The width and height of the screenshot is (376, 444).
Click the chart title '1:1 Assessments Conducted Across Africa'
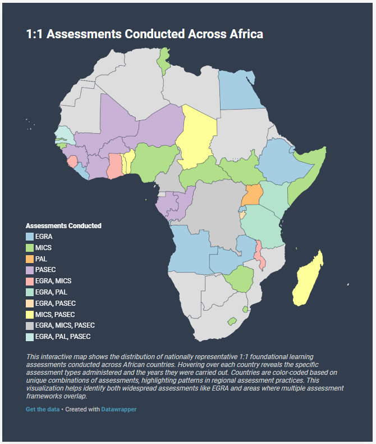coord(144,34)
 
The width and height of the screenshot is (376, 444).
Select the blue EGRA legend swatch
coord(30,237)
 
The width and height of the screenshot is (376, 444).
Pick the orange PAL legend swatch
coord(30,259)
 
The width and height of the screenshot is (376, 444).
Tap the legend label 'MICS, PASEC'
coord(54,314)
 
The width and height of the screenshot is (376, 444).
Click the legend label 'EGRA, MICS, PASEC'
coord(65,325)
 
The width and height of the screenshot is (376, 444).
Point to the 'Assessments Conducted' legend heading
coord(63,226)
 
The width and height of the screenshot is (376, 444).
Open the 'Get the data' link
coord(43,409)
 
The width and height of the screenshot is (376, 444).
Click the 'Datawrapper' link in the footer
coord(118,409)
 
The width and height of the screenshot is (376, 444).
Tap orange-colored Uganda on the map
coord(252,195)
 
